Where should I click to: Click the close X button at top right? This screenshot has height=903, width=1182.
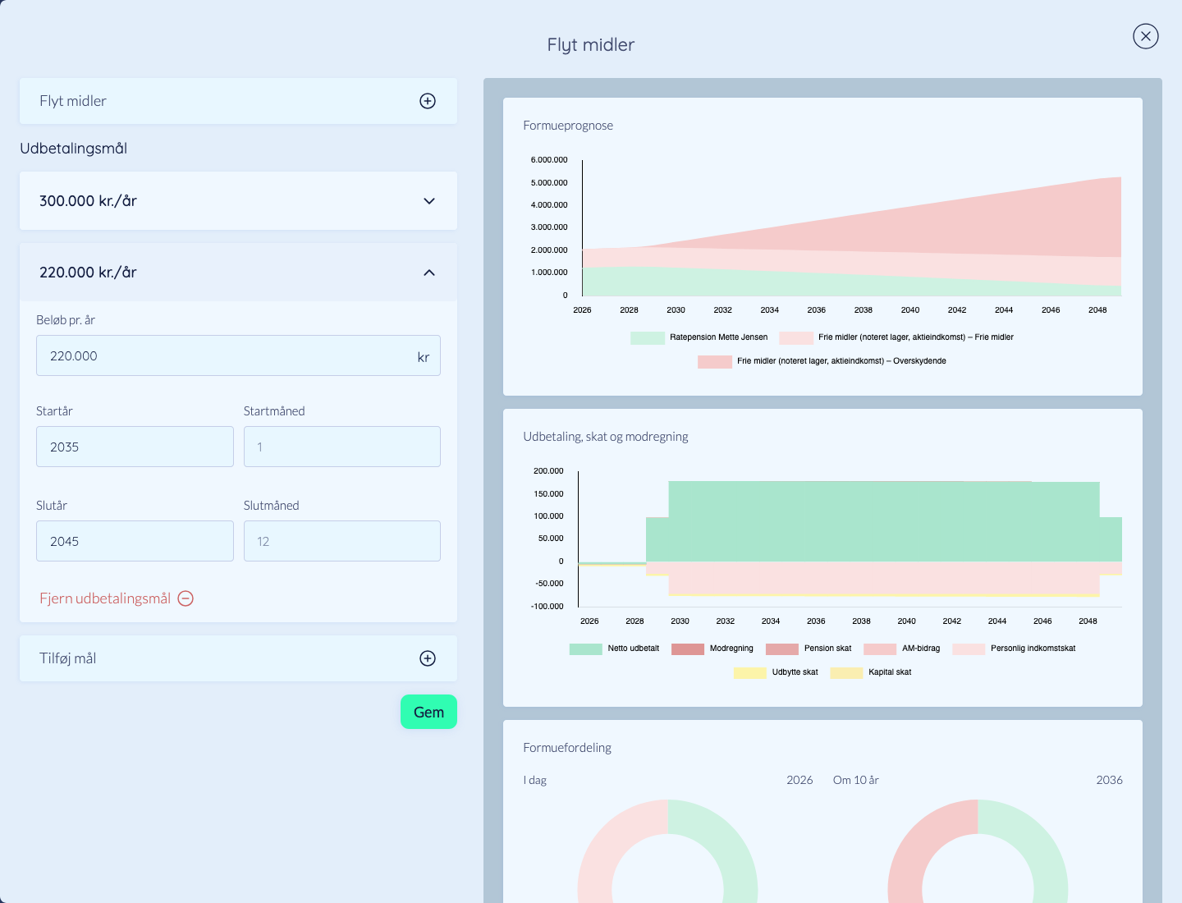1145,37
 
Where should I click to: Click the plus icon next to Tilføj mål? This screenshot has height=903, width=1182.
428,658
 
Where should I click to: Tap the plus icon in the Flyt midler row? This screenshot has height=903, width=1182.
428,101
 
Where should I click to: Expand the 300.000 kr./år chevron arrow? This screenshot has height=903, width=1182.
428,201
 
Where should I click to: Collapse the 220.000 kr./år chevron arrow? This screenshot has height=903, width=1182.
428,273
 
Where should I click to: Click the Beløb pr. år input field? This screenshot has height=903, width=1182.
238,355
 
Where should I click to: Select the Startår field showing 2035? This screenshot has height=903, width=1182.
135,447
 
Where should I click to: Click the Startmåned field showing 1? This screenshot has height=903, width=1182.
342,447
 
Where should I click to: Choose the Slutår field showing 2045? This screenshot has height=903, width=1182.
135,541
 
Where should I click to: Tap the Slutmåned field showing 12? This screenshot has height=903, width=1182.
342,541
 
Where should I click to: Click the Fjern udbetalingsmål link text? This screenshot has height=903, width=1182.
105,598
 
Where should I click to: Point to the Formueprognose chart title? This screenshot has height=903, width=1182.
567,126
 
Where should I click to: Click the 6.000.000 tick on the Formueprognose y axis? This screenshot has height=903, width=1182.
549,160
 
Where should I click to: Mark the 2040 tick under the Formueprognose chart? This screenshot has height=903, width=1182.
909,310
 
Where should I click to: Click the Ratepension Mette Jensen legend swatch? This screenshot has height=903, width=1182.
648,337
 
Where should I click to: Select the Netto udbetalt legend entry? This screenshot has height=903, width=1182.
614,649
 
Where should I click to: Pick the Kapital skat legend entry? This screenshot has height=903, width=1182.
871,672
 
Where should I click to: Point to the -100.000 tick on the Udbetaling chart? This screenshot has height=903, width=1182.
547,607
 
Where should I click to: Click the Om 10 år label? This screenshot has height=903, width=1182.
855,780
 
